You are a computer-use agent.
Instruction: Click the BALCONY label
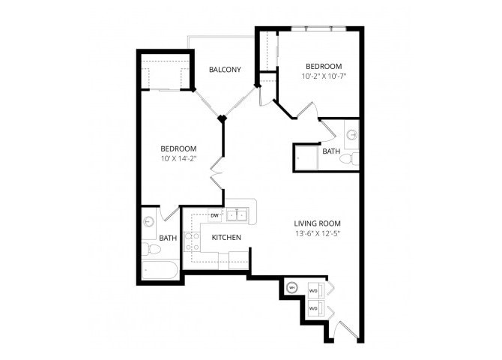click(x=226, y=70)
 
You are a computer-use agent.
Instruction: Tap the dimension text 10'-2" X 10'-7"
click(x=324, y=76)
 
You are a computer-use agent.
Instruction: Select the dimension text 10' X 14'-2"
click(x=178, y=158)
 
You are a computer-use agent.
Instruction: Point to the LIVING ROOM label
click(x=319, y=223)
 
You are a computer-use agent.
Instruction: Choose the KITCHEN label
click(x=226, y=238)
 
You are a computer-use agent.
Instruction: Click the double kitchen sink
click(x=239, y=215)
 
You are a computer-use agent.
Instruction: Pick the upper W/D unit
click(x=314, y=292)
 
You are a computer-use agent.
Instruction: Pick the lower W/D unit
click(x=314, y=308)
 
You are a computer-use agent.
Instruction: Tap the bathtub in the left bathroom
click(x=160, y=271)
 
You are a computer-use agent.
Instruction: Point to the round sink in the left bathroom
click(x=148, y=222)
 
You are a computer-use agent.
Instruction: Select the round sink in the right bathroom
click(x=351, y=136)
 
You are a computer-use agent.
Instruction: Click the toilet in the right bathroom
click(x=353, y=158)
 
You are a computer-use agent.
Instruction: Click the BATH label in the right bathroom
click(x=330, y=151)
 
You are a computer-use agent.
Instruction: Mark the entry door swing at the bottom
click(x=345, y=330)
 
